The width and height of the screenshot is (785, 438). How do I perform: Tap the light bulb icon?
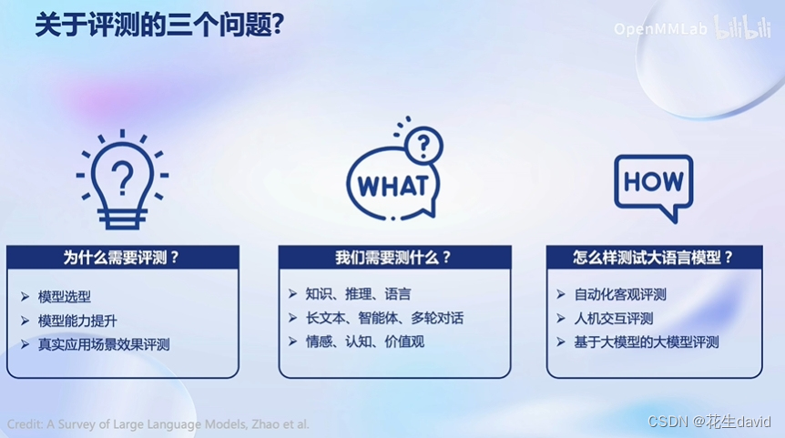click(x=122, y=179)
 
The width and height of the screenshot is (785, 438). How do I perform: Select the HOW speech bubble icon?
click(x=653, y=185)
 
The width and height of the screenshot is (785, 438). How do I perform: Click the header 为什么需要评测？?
click(x=122, y=258)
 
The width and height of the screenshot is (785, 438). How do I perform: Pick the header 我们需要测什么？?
click(x=393, y=258)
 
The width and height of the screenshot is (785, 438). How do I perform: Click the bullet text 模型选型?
click(x=64, y=296)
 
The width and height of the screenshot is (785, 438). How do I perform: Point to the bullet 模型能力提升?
click(x=77, y=321)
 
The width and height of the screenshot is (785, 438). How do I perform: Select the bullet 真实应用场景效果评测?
click(x=103, y=344)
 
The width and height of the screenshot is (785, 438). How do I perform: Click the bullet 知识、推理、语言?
click(x=358, y=294)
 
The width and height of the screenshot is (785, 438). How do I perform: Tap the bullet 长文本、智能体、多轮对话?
click(x=384, y=318)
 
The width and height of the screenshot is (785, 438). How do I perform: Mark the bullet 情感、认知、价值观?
click(x=364, y=341)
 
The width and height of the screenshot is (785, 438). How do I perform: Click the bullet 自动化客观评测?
click(x=620, y=294)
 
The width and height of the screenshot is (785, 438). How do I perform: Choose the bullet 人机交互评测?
click(x=614, y=318)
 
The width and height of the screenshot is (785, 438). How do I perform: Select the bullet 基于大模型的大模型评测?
click(x=647, y=341)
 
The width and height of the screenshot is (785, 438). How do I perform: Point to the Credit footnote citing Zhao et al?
click(x=158, y=424)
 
